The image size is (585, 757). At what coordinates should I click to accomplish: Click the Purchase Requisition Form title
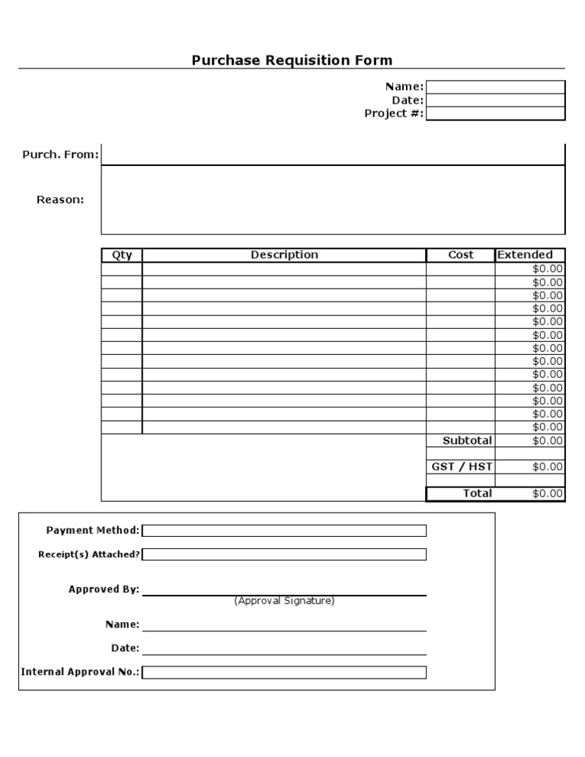pos(292,60)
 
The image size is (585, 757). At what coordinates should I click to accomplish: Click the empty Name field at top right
pos(495,87)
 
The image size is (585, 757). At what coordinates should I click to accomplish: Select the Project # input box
pos(495,113)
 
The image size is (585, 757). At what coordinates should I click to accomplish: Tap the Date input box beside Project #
pos(495,101)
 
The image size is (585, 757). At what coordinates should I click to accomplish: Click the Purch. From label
pos(60,155)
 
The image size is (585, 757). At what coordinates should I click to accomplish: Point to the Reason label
pos(60,200)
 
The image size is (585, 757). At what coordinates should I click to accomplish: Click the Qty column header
pos(122,255)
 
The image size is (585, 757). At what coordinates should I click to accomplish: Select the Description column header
pos(284,255)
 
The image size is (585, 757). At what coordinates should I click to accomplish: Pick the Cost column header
pos(460,255)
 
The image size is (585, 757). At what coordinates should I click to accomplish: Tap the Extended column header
pos(525,255)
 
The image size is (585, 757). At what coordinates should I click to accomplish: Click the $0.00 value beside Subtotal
pos(548,441)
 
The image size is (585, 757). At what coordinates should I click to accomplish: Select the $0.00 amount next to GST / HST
pos(548,467)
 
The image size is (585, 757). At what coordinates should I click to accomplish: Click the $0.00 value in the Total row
pos(548,493)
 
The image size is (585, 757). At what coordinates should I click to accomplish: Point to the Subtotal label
pos(467,441)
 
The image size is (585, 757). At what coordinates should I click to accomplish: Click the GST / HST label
pos(462,467)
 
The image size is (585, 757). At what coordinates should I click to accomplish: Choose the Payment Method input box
pos(284,531)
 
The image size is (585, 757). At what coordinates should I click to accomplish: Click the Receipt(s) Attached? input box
pos(284,554)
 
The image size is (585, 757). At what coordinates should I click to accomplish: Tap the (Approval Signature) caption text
pos(284,601)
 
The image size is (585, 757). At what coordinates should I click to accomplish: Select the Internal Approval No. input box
pos(284,672)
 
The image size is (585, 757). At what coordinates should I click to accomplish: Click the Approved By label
pos(104,589)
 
